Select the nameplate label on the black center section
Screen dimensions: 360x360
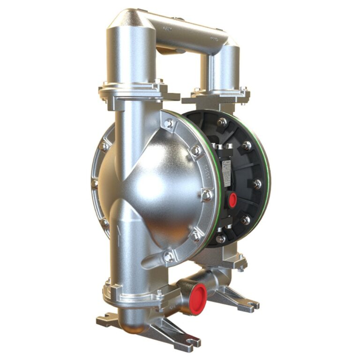coord(225,172)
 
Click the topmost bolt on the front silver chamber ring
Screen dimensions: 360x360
coord(169,123)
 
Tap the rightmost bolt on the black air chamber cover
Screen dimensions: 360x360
coord(257,184)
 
